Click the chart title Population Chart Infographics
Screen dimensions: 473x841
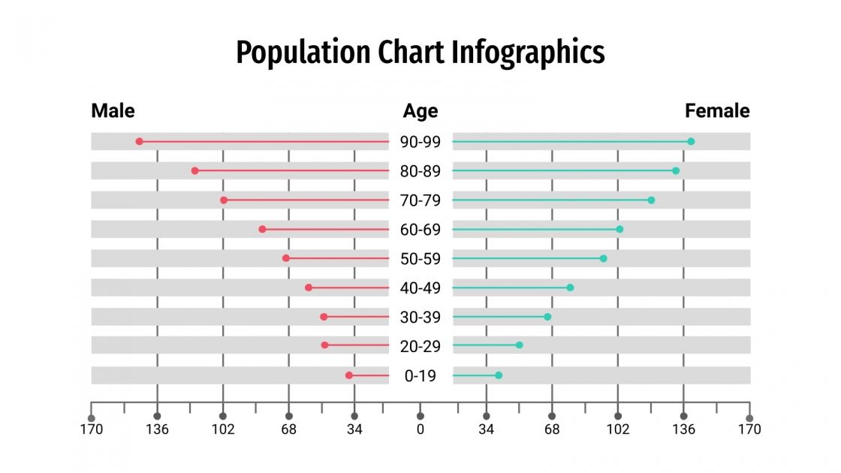click(x=420, y=53)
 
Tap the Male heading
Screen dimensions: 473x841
click(x=113, y=111)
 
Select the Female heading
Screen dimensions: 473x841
click(x=716, y=111)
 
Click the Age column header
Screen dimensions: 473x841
click(x=420, y=111)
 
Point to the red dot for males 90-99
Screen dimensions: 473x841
click(x=139, y=141)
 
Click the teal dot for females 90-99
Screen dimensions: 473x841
click(x=691, y=141)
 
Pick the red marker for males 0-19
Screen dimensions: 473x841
click(x=349, y=375)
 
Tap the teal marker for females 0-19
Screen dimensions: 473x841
click(x=499, y=375)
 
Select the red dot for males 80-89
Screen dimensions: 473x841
click(x=194, y=170)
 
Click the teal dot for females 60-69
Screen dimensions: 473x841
click(x=619, y=229)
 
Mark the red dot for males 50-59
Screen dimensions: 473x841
click(x=286, y=258)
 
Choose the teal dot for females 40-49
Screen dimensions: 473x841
click(x=570, y=288)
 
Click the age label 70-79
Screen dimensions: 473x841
click(x=420, y=200)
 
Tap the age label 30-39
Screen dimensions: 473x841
click(x=420, y=318)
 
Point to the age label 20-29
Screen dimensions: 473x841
click(x=420, y=347)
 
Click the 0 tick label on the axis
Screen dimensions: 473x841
click(x=420, y=430)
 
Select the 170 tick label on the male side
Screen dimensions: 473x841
click(x=92, y=430)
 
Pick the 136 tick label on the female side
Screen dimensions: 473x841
click(x=683, y=430)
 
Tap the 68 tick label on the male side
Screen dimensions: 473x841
click(x=288, y=430)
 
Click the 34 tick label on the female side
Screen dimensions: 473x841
click(x=486, y=430)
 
